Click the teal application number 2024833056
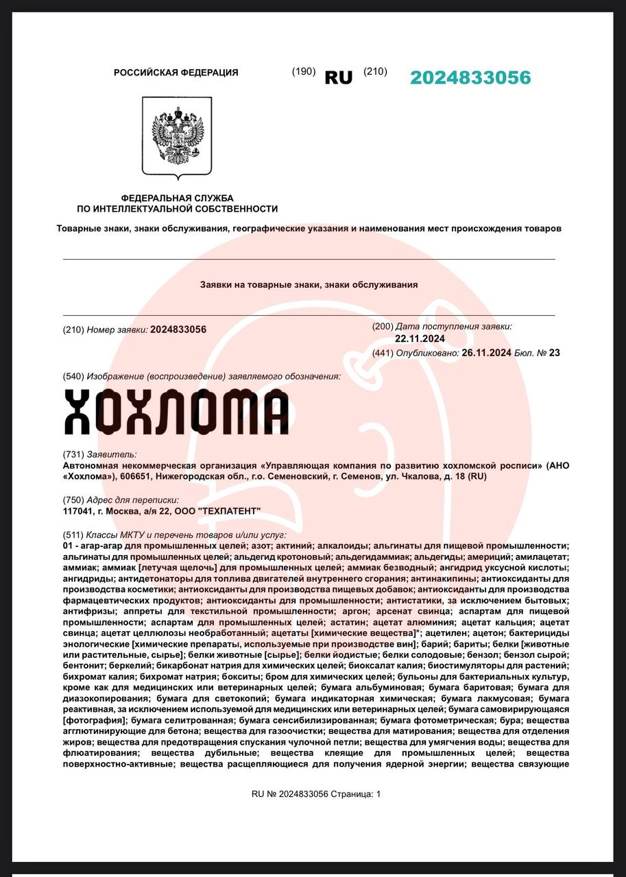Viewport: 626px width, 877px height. click(x=470, y=77)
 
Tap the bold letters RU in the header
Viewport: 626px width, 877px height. click(x=338, y=78)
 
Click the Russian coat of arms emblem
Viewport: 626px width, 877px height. click(x=177, y=136)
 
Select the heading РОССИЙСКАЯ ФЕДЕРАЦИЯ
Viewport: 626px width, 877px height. click(x=176, y=73)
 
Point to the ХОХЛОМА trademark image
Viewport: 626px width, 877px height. click(x=176, y=412)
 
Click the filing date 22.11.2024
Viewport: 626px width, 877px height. click(x=420, y=338)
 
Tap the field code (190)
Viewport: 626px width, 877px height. click(x=304, y=71)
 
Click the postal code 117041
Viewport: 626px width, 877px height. click(x=78, y=511)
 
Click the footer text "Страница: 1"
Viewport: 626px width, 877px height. click(x=355, y=794)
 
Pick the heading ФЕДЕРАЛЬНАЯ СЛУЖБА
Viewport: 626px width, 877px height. click(x=177, y=198)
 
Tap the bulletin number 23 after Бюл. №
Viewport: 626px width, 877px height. click(x=555, y=353)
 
